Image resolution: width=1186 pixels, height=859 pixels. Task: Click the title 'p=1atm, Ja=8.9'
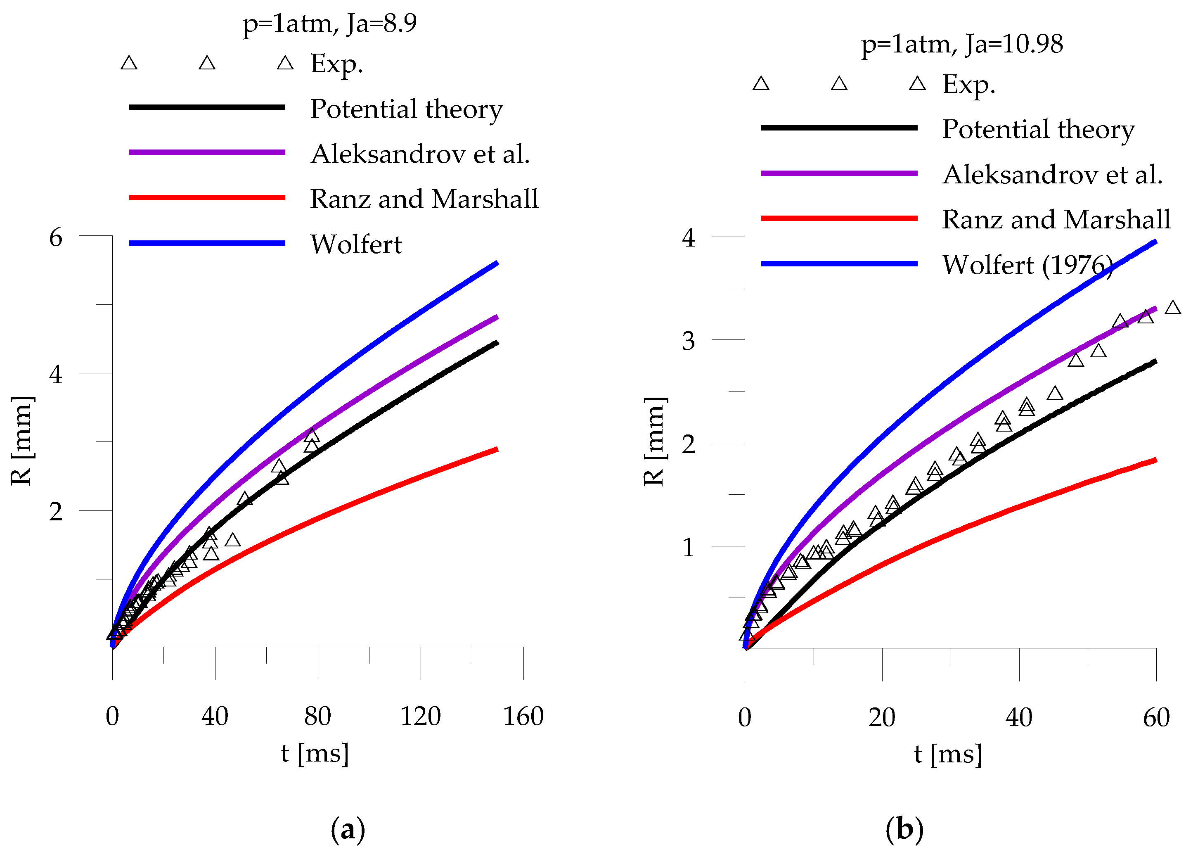click(x=330, y=24)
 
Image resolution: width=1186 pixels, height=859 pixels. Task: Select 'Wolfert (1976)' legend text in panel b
click(x=1027, y=265)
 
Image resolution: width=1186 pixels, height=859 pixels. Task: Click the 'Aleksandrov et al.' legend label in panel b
click(x=1052, y=175)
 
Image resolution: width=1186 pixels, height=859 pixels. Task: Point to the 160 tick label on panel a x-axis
click(x=523, y=716)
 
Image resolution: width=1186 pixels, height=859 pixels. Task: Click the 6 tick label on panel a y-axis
click(x=56, y=237)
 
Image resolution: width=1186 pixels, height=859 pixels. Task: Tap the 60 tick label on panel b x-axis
click(x=1156, y=717)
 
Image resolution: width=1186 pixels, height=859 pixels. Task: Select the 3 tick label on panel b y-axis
click(x=688, y=341)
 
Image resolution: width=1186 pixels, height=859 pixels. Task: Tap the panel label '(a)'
click(x=348, y=829)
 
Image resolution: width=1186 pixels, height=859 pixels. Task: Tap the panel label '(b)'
click(x=904, y=829)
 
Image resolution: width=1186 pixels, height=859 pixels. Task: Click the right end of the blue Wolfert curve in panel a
click(x=496, y=263)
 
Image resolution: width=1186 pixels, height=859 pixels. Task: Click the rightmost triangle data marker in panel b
click(x=1173, y=308)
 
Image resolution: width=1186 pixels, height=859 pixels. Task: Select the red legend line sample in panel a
click(x=206, y=198)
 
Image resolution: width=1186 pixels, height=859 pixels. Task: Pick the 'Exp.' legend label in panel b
click(x=968, y=85)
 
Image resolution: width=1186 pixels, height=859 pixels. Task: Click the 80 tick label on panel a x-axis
click(x=317, y=716)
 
